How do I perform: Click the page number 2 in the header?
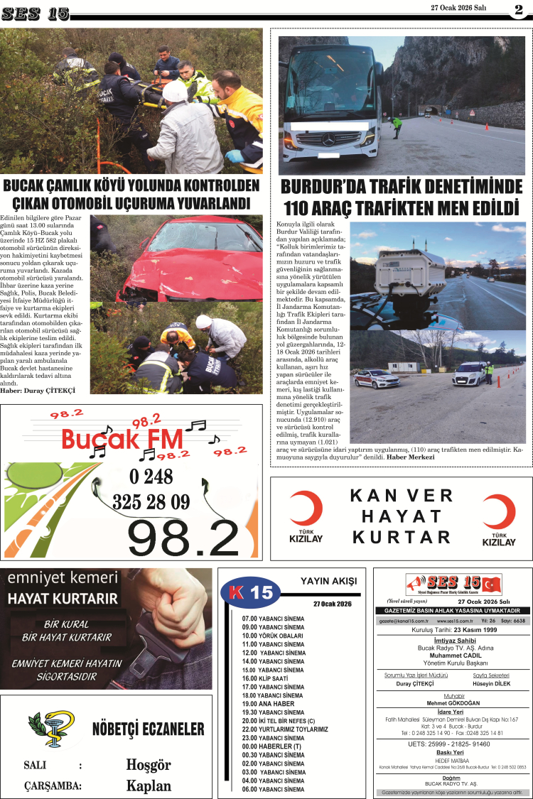[519, 10]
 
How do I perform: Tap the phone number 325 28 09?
[151, 502]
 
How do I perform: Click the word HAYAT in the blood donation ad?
[402, 516]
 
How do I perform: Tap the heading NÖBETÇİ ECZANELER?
[148, 729]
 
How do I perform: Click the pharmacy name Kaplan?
[149, 786]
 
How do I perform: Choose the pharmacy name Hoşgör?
[149, 765]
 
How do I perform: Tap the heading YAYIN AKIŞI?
[328, 581]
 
